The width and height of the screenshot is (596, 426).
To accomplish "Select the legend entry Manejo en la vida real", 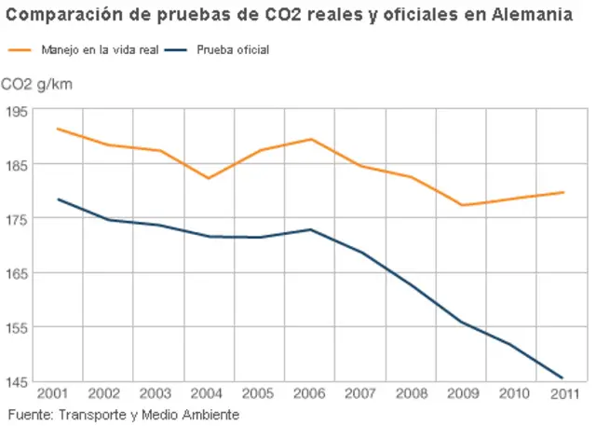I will [x=88, y=49].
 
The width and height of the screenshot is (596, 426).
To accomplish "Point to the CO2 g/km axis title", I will [x=37, y=85].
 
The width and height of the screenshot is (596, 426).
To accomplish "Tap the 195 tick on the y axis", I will [x=16, y=111].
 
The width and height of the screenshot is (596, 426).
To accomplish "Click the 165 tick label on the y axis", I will [x=16, y=273].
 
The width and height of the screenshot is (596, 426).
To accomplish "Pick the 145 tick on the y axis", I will [x=16, y=381].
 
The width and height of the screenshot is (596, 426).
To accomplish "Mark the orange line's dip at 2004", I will [x=208, y=178].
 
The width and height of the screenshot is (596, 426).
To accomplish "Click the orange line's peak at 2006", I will [x=310, y=139].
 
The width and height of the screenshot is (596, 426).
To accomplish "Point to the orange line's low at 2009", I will [x=462, y=205].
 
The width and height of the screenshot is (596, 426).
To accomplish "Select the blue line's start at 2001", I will [x=58, y=199].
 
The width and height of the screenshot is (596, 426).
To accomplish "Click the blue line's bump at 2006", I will [x=310, y=229].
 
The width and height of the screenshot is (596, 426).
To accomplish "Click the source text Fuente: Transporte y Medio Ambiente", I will [x=124, y=414].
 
